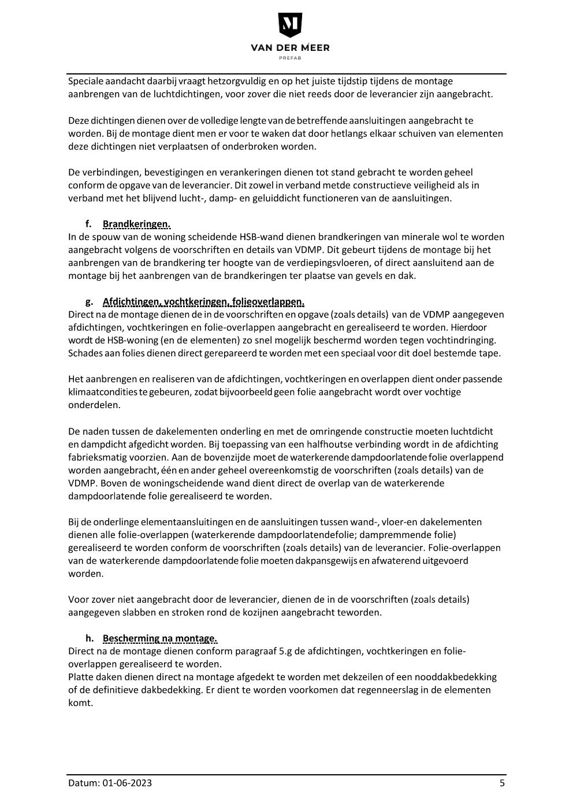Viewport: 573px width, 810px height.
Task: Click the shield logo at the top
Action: pos(290,25)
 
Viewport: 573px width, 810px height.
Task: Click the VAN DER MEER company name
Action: pos(290,48)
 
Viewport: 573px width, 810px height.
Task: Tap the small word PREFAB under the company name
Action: pos(290,58)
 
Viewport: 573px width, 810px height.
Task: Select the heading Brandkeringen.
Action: pos(136,224)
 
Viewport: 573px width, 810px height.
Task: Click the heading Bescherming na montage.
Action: pos(160,638)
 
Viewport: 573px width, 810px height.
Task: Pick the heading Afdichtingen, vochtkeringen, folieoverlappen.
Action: pos(203,301)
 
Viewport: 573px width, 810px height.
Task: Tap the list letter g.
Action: pos(88,301)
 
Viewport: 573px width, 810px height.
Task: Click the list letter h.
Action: pos(89,638)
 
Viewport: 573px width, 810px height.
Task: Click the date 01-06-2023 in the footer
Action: pos(128,783)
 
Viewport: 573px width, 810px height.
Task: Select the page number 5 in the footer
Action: pos(502,783)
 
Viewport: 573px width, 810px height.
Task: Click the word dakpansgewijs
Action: pos(326,561)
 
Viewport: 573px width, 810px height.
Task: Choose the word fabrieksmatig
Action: pos(95,457)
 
